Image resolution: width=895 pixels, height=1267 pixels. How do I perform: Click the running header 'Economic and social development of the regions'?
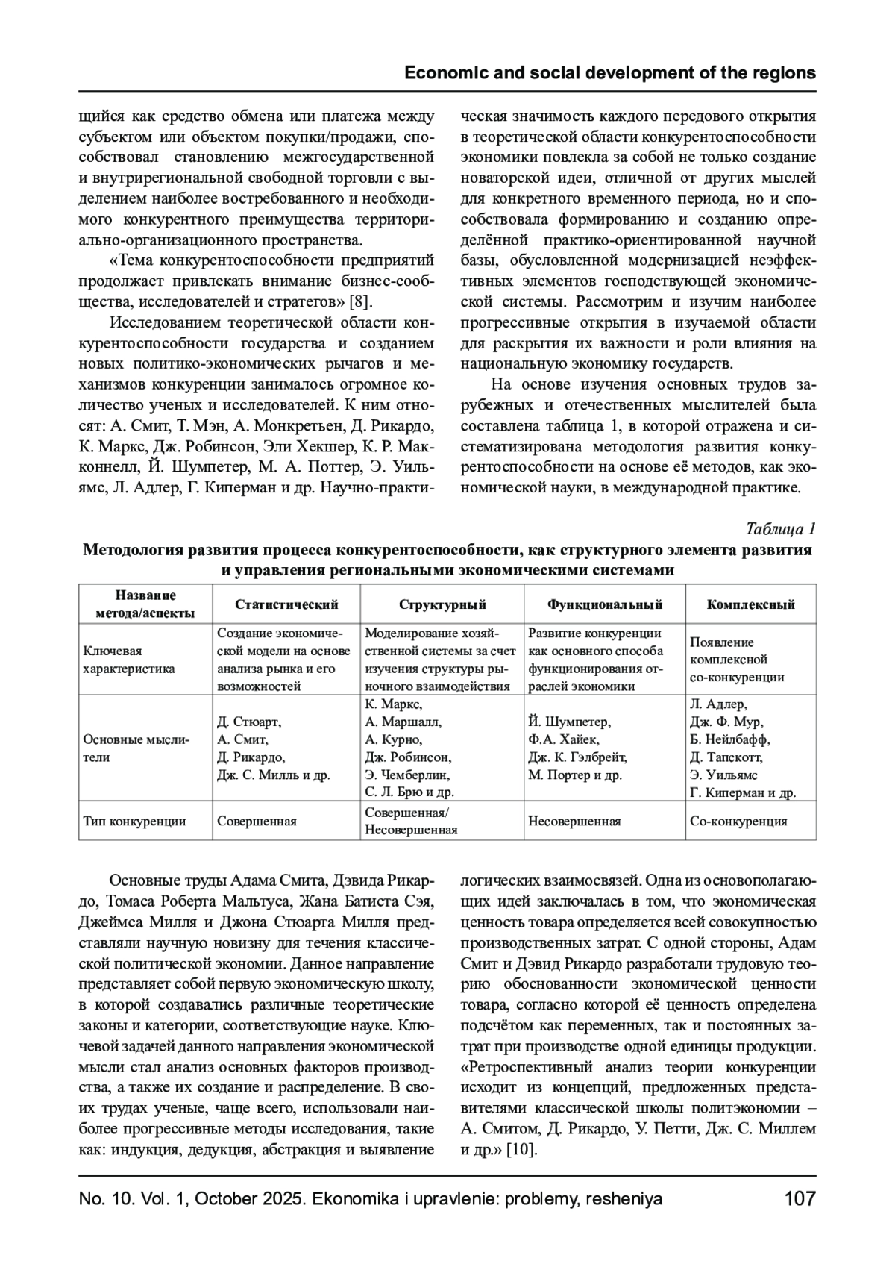609,73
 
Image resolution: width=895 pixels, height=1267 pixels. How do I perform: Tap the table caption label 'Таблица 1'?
781,529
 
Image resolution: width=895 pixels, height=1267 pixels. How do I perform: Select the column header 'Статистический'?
286,604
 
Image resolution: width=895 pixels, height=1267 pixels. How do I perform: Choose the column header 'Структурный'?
442,604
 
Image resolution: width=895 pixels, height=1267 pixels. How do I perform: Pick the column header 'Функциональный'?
605,604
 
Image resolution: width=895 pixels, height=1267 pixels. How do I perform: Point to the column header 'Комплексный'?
750,604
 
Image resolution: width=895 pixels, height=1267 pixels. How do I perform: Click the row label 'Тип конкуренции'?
134,822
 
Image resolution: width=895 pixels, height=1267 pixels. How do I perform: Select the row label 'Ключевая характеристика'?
129,660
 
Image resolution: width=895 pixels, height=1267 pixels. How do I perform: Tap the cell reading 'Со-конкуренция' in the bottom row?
738,822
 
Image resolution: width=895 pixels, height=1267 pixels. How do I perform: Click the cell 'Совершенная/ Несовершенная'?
412,821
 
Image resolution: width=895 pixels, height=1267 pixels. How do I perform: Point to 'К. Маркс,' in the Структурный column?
395,705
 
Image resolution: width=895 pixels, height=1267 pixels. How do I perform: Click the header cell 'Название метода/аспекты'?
145,604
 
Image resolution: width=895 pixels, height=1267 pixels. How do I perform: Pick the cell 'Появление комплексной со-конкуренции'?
737,660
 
